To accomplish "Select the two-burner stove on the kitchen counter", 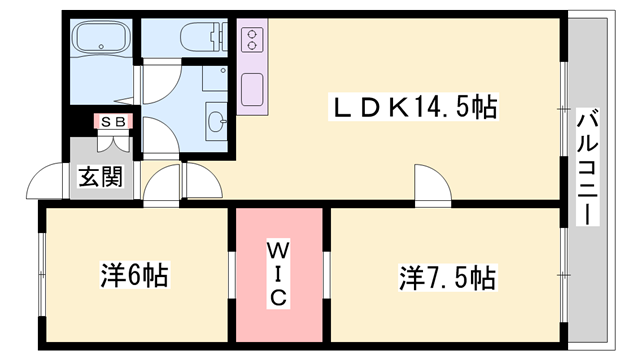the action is click(252, 40).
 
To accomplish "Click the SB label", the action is click(111, 122).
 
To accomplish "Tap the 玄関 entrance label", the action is click(101, 177).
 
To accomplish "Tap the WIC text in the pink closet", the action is click(278, 271).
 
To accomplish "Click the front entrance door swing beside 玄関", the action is click(45, 186).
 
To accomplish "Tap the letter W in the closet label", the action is click(278, 248).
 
